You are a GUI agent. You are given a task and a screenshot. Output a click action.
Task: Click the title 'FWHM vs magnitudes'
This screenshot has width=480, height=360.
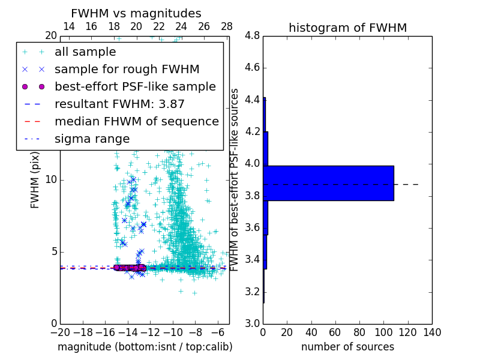(x=136, y=14)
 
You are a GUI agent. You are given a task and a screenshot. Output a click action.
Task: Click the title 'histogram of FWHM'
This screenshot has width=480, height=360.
(x=347, y=28)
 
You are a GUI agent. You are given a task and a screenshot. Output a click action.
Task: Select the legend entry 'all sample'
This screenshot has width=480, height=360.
(x=85, y=52)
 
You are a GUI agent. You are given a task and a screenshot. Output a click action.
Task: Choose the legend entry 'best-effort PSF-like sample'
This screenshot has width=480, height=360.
(x=135, y=87)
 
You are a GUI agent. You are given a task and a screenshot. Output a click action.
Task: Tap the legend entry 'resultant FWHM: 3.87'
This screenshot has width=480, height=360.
(x=119, y=104)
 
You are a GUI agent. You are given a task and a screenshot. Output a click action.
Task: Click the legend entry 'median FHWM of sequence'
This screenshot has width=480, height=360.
(x=136, y=122)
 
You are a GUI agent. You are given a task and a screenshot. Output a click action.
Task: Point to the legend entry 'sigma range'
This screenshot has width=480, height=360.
(x=92, y=139)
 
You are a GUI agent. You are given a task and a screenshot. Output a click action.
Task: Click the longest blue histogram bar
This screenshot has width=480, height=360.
(x=328, y=183)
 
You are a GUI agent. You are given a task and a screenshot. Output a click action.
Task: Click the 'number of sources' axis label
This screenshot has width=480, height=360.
(x=347, y=347)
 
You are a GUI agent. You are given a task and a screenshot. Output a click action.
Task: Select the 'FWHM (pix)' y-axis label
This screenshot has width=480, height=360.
(x=35, y=179)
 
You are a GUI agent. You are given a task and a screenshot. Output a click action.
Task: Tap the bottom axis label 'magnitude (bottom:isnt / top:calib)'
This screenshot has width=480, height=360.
(x=145, y=347)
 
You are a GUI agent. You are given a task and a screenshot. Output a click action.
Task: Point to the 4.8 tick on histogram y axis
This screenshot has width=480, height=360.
(x=253, y=36)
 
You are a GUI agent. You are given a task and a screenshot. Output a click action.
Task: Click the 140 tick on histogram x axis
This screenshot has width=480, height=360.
(x=432, y=331)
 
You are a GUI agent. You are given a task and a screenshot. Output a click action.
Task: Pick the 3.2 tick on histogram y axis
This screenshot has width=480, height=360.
(x=253, y=292)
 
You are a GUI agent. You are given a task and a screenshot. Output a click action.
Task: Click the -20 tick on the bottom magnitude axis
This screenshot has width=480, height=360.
(x=60, y=331)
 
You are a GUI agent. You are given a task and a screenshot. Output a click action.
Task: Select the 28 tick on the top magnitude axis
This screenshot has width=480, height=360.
(x=227, y=26)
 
